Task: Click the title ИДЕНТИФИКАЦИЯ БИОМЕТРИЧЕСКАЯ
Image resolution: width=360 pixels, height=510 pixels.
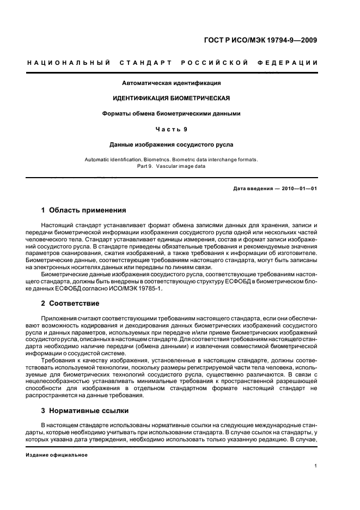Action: click(171, 99)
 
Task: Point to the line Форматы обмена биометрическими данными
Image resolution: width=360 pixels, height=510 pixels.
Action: click(171, 114)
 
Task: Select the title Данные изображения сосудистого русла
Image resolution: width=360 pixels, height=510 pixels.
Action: click(171, 145)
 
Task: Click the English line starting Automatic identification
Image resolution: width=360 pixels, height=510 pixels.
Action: click(171, 160)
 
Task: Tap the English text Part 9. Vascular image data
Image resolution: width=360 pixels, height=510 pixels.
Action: click(171, 166)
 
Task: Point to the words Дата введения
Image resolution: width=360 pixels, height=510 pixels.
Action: click(252, 189)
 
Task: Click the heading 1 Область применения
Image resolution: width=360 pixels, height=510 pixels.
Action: click(84, 210)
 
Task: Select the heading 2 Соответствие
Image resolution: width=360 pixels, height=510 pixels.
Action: click(70, 302)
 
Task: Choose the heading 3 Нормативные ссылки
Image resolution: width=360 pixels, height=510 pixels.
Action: click(85, 410)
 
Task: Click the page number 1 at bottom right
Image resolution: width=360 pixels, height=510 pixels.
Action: click(316, 465)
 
